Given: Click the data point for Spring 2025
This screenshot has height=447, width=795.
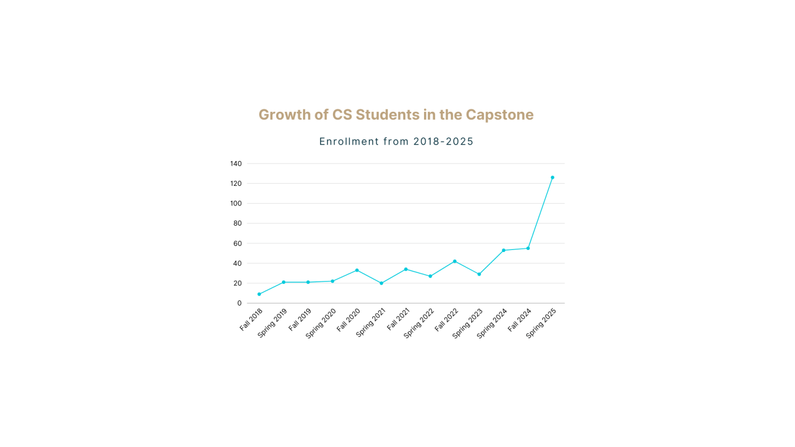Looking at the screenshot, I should pos(552,177).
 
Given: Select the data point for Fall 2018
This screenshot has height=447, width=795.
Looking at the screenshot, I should pos(259,294).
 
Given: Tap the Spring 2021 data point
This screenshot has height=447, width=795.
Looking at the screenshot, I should pos(381,283).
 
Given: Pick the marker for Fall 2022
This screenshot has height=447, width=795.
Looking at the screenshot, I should pos(455,261).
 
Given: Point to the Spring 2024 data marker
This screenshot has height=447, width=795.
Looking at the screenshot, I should pos(503,251).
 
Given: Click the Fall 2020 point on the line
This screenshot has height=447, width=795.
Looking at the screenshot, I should pos(357,270).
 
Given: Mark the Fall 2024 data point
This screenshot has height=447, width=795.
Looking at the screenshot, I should pos(528,248).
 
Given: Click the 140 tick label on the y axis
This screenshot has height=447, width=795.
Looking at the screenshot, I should pos(236,164).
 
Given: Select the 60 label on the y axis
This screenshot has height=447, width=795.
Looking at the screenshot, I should pos(237,244).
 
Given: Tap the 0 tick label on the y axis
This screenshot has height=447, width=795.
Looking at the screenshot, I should pos(240,303).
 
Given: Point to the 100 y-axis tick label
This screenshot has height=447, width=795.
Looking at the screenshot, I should pos(236,203).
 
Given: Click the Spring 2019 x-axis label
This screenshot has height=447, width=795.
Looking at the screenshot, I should pos(272,323).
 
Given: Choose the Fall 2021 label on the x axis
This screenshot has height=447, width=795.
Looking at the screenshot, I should pos(399,319).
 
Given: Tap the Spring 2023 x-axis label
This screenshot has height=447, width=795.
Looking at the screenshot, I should pos(467,323).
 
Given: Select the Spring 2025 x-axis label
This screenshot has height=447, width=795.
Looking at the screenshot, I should pos(541,323).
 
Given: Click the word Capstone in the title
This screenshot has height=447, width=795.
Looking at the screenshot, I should pos(499,115).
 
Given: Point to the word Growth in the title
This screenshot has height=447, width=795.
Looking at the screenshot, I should pos(285,115).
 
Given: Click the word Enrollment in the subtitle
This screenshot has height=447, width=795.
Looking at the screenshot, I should pos(349,141).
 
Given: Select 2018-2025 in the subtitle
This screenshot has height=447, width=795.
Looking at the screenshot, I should pos(444,141).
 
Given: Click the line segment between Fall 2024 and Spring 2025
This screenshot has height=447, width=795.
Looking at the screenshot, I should pos(540,213).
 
